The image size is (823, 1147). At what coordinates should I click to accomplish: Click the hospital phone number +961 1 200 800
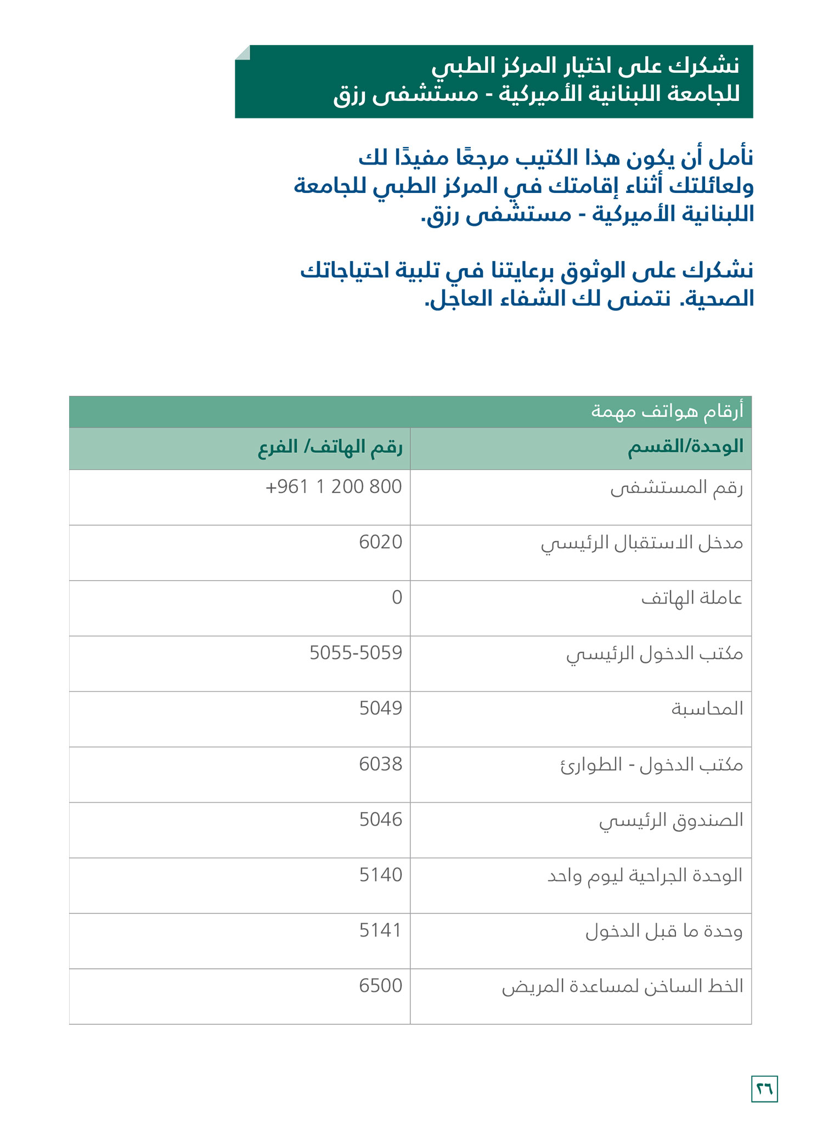[x=334, y=487]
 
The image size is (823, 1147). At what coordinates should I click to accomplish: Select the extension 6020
[x=380, y=542]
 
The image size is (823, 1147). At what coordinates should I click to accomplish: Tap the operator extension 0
[x=397, y=598]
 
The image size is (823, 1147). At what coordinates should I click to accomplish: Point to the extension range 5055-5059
[x=356, y=653]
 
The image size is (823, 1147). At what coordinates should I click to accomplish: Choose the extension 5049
[x=380, y=708]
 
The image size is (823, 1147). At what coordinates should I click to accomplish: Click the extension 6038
[x=380, y=764]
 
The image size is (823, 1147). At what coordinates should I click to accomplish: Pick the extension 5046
[x=380, y=819]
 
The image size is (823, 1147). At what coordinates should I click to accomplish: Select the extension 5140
[x=380, y=875]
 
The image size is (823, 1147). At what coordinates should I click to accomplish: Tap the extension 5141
[x=380, y=930]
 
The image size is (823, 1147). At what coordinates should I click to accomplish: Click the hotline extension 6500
[x=380, y=986]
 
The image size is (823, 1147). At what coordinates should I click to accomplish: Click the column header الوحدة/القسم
[x=685, y=447]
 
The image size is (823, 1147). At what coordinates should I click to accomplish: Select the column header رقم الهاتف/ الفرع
[x=330, y=447]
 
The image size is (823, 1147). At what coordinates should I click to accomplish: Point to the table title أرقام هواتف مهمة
[x=667, y=411]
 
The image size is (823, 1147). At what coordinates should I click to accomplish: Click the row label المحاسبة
[x=707, y=709]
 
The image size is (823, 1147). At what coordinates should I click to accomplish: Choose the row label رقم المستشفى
[x=677, y=487]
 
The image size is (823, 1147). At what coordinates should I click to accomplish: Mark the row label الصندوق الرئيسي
[x=671, y=820]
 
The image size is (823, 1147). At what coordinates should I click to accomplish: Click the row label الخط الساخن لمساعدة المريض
[x=622, y=986]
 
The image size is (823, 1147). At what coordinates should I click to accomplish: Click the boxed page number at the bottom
[x=764, y=1089]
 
